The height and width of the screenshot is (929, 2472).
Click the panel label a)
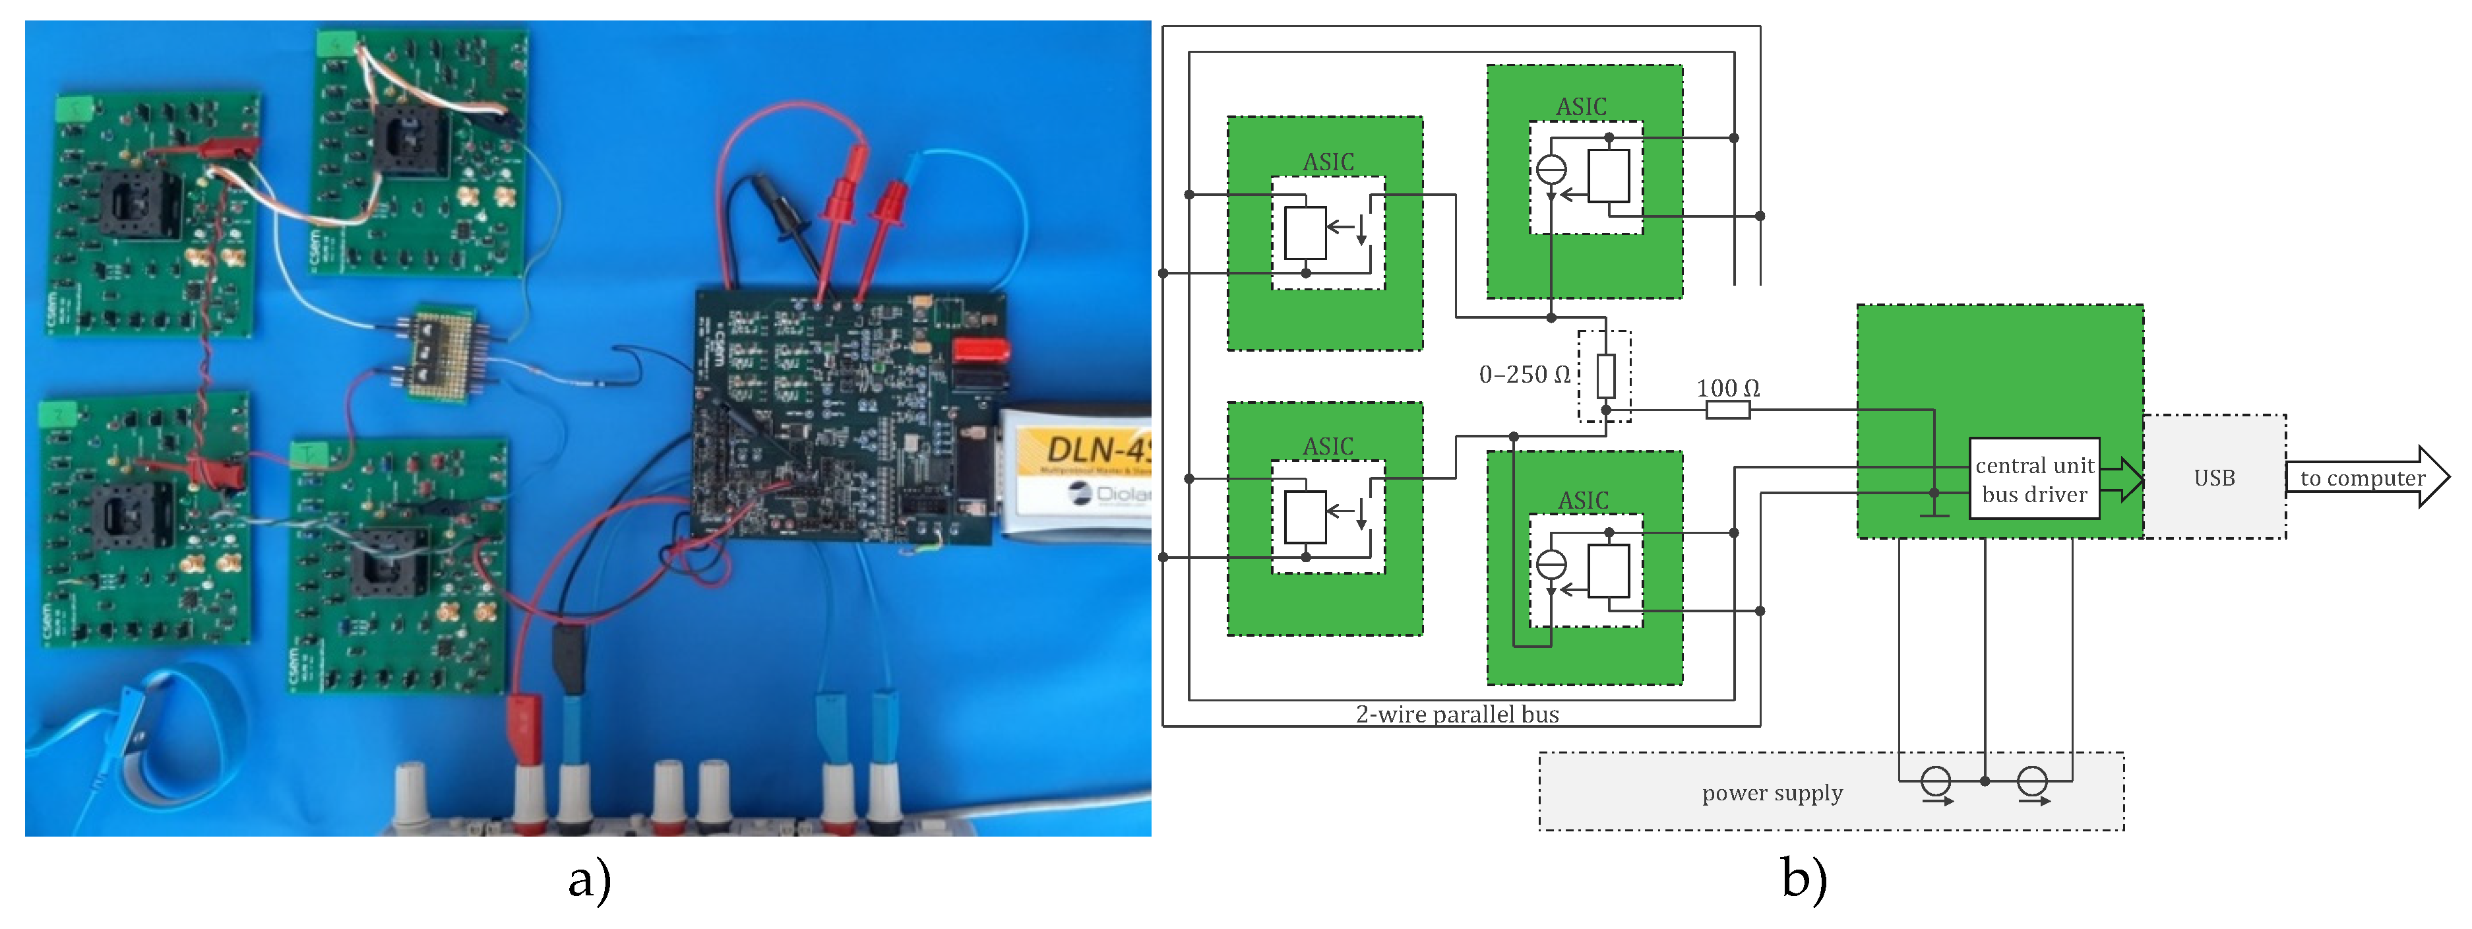(589, 878)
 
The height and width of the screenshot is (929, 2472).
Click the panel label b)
(1804, 878)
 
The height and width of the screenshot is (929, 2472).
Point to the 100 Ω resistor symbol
(1727, 411)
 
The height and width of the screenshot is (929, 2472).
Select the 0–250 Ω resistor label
(1524, 374)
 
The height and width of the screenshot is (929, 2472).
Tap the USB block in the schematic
(2214, 478)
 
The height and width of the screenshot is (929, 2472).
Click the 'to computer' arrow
(2365, 477)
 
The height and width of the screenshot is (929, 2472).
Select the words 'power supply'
(1772, 792)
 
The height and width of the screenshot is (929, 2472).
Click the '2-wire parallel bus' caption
(1457, 714)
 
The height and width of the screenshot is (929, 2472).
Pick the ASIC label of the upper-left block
(1328, 162)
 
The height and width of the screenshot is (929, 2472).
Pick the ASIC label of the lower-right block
(1584, 500)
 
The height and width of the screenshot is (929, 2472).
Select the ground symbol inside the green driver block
(1934, 509)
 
